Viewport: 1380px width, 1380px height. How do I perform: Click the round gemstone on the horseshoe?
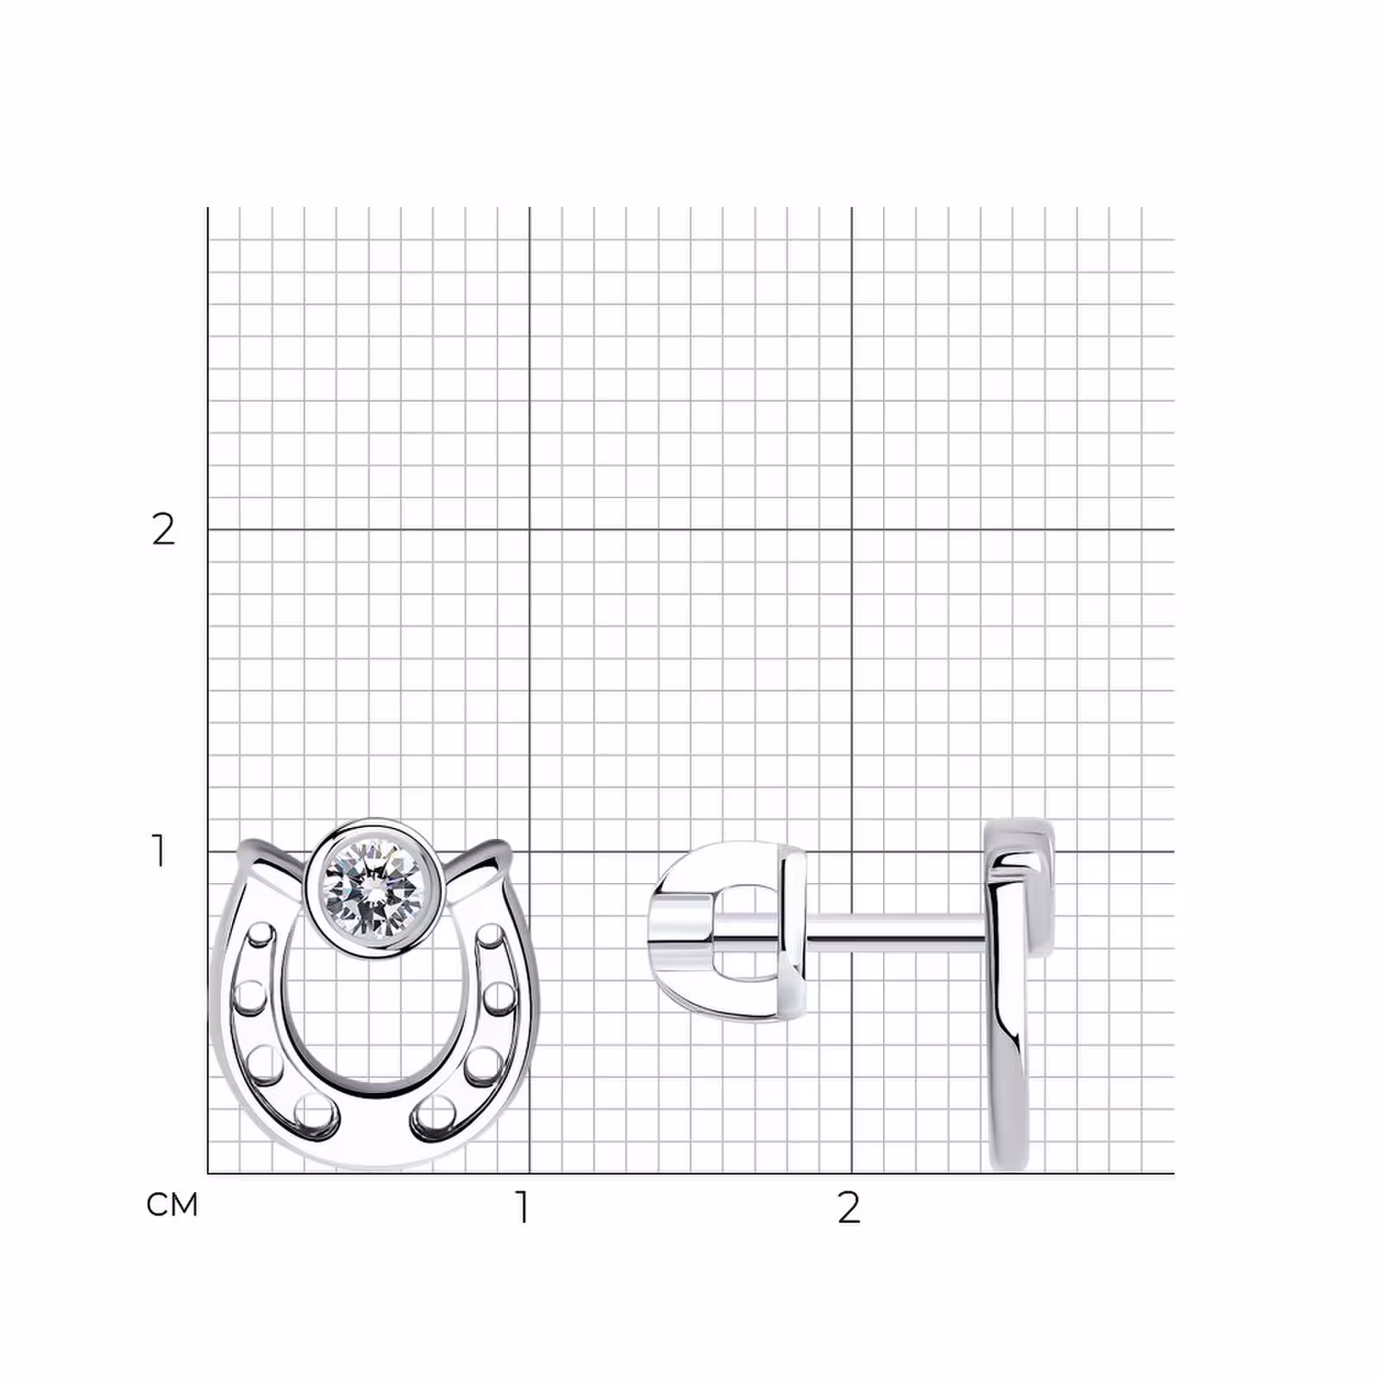tap(374, 888)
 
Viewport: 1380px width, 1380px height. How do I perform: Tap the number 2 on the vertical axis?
tap(163, 530)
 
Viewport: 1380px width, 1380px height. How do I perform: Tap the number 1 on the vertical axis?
tap(159, 851)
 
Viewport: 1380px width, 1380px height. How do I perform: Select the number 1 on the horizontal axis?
tap(522, 1208)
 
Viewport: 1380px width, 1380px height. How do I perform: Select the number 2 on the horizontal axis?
tap(849, 1208)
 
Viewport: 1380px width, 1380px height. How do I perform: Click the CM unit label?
tap(172, 1204)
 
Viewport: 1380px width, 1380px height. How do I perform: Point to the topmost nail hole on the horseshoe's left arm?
tap(261, 937)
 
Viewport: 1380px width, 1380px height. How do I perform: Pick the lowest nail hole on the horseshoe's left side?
tap(315, 1112)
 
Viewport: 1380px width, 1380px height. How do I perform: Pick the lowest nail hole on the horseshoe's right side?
tap(435, 1112)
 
